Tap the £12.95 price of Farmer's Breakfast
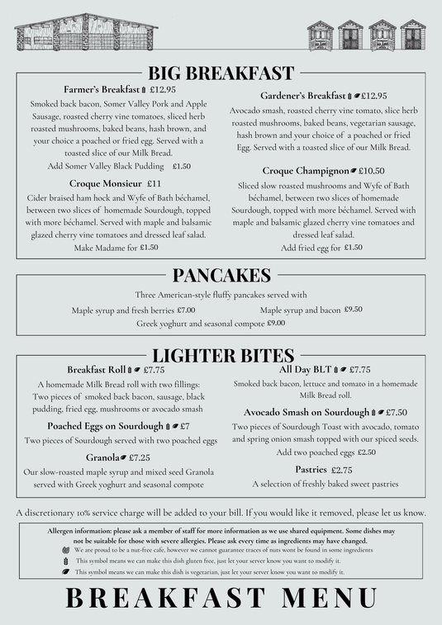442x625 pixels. pos(163,89)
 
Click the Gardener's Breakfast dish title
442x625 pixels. pos(302,96)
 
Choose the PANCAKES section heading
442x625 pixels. pos(221,275)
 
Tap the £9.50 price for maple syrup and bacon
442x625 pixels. pos(353,310)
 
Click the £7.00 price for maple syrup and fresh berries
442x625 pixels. pos(186,310)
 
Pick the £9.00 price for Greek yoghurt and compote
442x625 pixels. pos(276,324)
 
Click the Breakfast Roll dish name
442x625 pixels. pos(96,370)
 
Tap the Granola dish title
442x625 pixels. pos(102,457)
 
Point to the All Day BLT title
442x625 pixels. pos(305,370)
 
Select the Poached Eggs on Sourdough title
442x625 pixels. pos(105,426)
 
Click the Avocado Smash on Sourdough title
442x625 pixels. pos(306,412)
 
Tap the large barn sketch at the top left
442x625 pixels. pos(85,34)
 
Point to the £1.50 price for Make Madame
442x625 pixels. pos(149,247)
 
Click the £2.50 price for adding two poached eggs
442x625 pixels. pos(367,452)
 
